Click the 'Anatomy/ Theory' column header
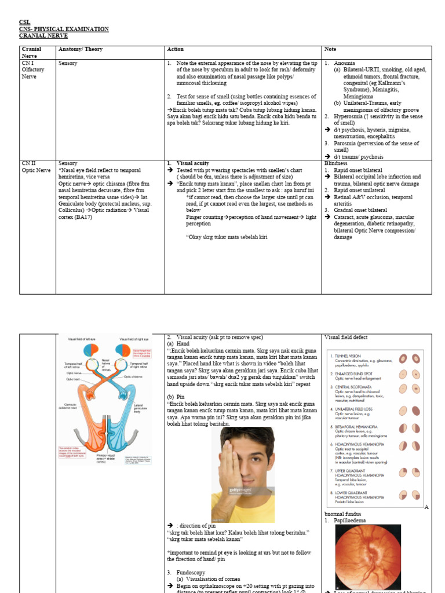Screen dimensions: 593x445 click(81, 49)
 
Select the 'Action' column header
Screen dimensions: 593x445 click(175, 49)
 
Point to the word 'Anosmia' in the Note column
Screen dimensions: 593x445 click(345, 63)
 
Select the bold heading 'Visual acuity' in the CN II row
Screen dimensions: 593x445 click(194, 164)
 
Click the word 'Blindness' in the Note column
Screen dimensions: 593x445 click(336, 164)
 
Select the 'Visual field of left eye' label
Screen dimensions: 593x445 click(85, 339)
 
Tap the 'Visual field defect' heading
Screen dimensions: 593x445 click(346, 338)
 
